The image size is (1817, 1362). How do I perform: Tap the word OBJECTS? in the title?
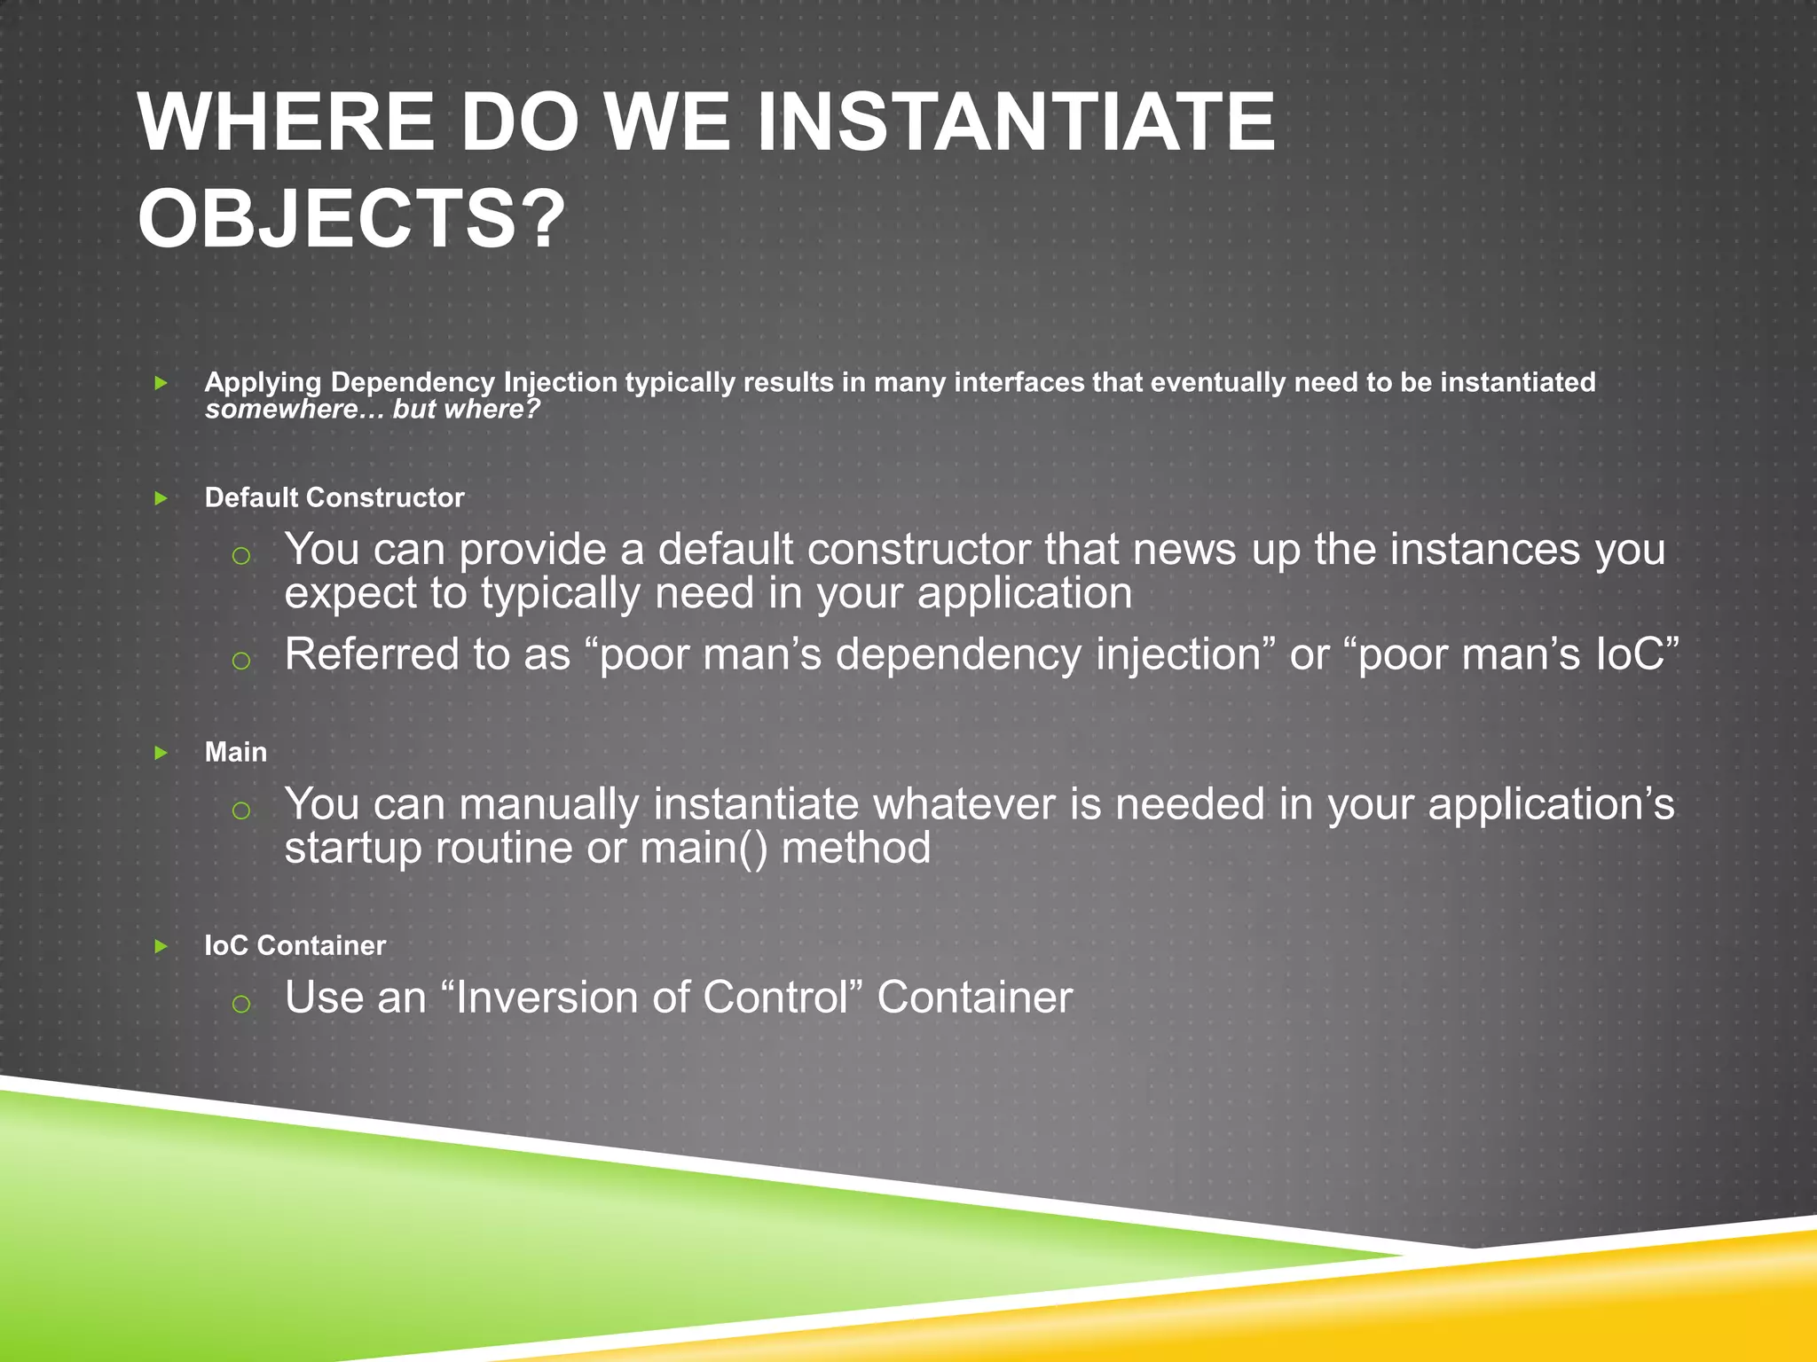[351, 219]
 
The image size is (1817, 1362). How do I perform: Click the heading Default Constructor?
[334, 497]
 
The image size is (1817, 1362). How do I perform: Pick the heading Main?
[235, 752]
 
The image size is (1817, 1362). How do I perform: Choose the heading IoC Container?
[295, 945]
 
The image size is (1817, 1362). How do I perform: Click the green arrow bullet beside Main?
[161, 753]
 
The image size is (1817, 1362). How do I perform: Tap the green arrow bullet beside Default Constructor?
[161, 498]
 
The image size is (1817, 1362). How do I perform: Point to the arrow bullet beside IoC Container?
[161, 946]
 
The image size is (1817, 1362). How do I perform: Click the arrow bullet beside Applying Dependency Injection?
[161, 383]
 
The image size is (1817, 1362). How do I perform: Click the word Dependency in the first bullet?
[413, 382]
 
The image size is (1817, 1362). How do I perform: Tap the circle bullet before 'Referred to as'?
[240, 660]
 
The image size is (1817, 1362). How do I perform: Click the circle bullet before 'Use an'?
[240, 1003]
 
